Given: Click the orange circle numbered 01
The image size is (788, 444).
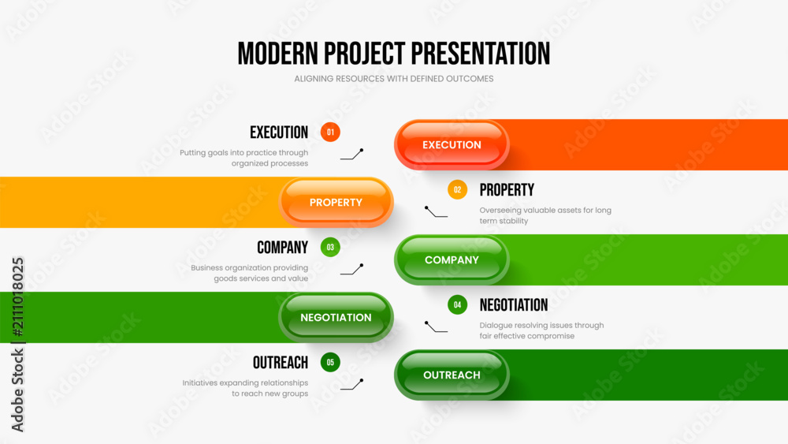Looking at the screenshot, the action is [x=330, y=132].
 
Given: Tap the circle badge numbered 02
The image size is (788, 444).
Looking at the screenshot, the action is [x=457, y=189].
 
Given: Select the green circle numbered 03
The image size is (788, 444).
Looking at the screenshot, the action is [x=330, y=248].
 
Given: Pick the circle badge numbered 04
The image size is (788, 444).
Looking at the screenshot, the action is [x=457, y=304].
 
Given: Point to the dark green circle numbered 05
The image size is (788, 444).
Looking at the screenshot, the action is [x=330, y=363].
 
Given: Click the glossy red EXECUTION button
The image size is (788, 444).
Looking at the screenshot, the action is [x=452, y=145].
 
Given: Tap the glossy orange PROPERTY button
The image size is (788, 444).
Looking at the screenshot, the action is [x=336, y=202].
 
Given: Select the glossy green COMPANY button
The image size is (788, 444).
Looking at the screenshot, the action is [x=452, y=260].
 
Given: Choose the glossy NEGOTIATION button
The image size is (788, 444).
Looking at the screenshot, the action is [x=336, y=317].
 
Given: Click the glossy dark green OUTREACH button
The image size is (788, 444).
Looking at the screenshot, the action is [x=452, y=375].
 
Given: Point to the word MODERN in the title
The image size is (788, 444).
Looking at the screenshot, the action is [x=278, y=54].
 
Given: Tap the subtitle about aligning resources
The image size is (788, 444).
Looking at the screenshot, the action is [x=394, y=79].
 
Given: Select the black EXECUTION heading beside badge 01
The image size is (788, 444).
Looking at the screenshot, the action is [x=279, y=132].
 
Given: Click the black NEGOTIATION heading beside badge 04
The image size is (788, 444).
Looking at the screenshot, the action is [x=514, y=304].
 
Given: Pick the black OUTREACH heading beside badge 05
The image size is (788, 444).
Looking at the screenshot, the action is [x=281, y=363].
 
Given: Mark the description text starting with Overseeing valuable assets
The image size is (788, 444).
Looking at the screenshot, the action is [x=545, y=215].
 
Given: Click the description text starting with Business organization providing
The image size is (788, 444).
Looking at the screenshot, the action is [x=249, y=273].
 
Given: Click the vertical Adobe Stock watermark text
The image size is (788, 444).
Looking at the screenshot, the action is [x=17, y=345].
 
